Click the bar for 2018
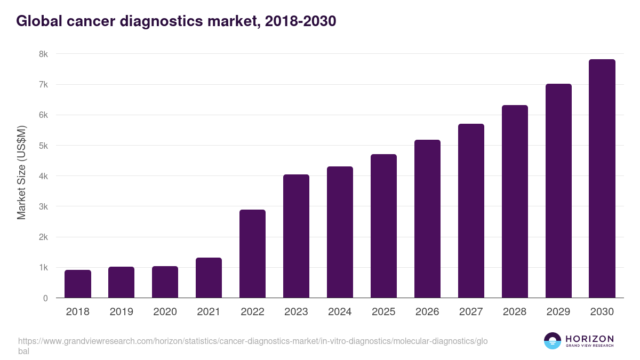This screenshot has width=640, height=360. point(78,284)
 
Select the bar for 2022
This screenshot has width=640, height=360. point(252,254)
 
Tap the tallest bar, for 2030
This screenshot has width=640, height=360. point(602,179)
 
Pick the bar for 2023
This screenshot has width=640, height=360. point(296,236)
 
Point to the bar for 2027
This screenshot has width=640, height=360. point(471,211)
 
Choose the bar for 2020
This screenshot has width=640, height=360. point(165,282)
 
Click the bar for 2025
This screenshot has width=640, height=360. point(383,226)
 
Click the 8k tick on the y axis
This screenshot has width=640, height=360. point(43,54)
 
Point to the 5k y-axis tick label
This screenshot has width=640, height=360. point(43,146)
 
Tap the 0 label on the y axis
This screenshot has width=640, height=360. point(45,298)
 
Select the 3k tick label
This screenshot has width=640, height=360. point(43,206)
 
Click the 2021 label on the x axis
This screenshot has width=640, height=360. point(209,312)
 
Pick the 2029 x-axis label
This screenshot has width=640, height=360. point(558,312)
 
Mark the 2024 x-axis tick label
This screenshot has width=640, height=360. point(340,312)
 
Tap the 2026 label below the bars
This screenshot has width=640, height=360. point(427,312)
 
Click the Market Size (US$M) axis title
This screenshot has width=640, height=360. point(22,172)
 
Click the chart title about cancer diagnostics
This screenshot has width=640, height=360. point(176,21)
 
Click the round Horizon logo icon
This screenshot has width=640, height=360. point(553,341)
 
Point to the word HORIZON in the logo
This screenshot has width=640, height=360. point(589,339)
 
